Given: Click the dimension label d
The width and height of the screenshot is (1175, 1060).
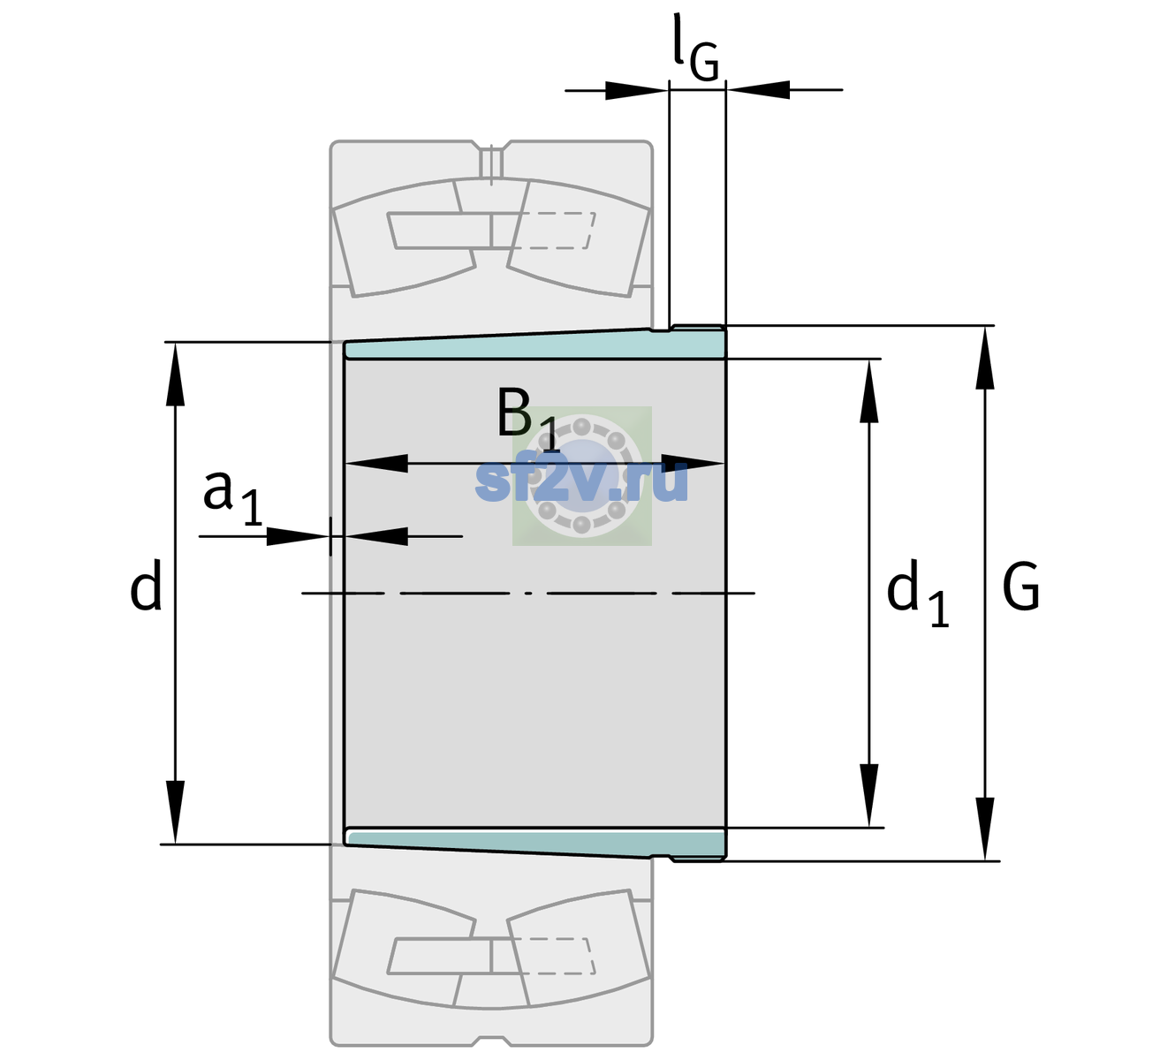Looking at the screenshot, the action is coord(146,585).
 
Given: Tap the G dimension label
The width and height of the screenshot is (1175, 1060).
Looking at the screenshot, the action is coord(1021,587).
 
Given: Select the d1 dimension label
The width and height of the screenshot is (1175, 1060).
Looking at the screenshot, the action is coord(917,593).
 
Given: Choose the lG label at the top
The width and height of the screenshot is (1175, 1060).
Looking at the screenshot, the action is coord(695,48).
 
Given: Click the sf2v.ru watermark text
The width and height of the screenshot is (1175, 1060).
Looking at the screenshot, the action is coord(581,481).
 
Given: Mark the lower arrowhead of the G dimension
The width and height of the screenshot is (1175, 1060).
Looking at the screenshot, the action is coord(985,829).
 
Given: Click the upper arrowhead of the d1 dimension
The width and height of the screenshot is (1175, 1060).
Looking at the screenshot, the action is coord(868,390).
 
